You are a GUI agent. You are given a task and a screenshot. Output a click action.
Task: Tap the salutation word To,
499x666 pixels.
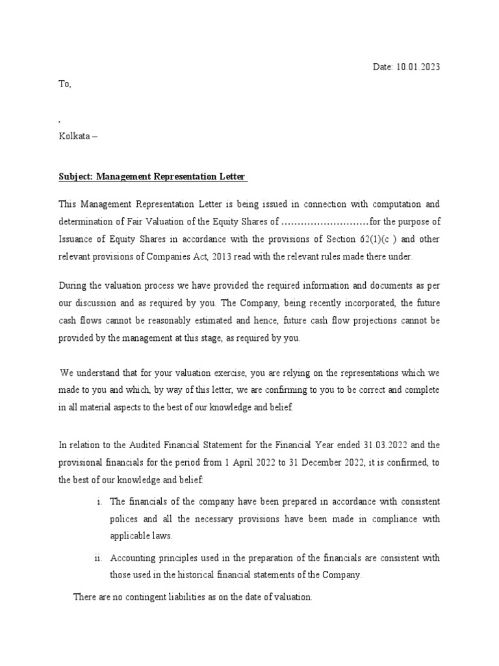[x=65, y=84]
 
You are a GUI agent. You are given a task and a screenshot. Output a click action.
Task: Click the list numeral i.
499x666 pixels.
[x=97, y=502]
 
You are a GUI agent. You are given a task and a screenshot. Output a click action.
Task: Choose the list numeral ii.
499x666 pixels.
[x=97, y=558]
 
